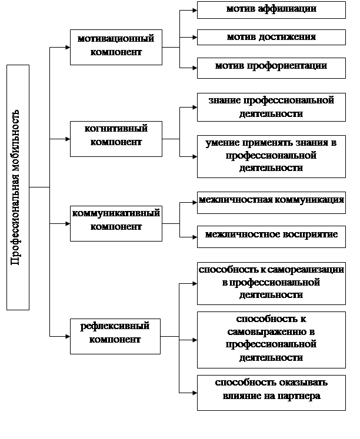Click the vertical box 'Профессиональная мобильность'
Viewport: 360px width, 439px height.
coord(18,187)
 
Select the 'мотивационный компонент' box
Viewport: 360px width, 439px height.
coord(116,48)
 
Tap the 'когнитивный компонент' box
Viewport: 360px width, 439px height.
coord(116,139)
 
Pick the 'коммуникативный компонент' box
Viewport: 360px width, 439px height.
coord(116,223)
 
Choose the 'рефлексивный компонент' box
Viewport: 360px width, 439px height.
coord(115,336)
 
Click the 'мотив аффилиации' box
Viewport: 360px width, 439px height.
coord(271,10)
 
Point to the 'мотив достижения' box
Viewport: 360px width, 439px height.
coord(271,37)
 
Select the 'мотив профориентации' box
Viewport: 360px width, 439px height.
coord(271,68)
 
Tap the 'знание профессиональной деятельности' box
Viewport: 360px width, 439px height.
coord(271,107)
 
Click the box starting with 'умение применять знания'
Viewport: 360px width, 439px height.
coord(271,156)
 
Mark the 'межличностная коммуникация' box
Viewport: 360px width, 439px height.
coord(271,203)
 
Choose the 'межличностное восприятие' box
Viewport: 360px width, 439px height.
coord(271,237)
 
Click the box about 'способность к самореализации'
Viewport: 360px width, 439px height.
coord(271,283)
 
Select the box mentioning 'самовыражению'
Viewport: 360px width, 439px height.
coord(271,340)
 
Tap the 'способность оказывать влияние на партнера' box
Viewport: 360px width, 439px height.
coord(271,393)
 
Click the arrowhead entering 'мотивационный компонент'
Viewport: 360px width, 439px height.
coord(68,48)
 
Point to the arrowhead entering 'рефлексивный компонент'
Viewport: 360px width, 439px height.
coord(68,336)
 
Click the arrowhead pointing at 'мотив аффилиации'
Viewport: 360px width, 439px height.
coord(195,10)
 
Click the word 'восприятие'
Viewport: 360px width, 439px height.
coord(309,234)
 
